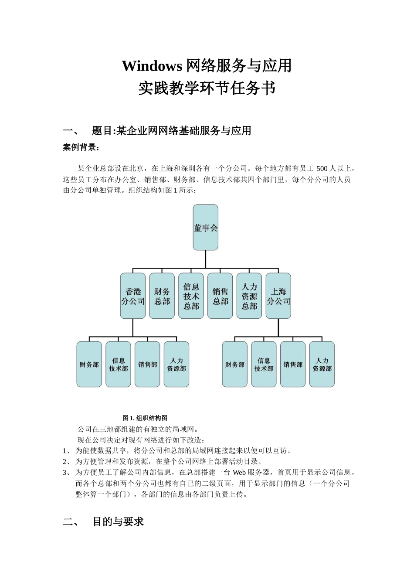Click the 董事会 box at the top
tap(205, 228)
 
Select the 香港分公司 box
tap(133, 296)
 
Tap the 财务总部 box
tap(162, 296)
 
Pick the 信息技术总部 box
tap(191, 296)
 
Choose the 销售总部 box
tap(220, 296)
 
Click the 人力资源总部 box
tap(249, 296)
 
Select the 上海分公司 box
tap(278, 296)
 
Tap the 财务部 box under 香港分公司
tap(89, 365)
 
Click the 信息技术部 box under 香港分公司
tap(118, 365)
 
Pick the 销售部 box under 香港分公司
tap(147, 365)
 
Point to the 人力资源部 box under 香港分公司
tap(176, 365)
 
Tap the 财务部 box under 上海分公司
tap(235, 365)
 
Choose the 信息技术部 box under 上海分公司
tap(264, 365)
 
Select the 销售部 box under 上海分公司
tap(293, 365)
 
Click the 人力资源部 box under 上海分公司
tap(322, 365)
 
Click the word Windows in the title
tap(152, 66)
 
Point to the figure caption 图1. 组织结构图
tap(145, 418)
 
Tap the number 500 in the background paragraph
tap(322, 169)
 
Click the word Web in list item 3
tap(239, 472)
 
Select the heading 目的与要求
tap(118, 522)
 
